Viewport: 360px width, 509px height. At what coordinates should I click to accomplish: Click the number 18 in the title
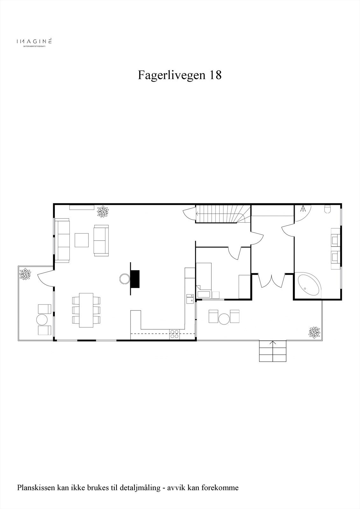pos(215,75)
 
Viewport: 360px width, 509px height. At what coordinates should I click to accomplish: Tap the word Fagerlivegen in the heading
pos(172,75)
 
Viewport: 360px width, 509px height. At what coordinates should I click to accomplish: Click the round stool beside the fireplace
pos(124,279)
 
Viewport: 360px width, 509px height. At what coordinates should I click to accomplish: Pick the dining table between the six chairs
pos(86,310)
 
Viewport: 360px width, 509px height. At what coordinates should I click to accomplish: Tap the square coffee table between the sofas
pos(82,240)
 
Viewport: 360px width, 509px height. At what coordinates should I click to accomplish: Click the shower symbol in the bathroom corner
pos(303,209)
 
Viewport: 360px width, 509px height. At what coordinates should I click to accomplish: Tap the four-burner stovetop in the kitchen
pos(174,334)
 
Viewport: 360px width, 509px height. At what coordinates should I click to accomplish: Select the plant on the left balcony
pos(25,274)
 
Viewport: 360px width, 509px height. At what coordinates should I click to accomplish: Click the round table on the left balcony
pos(42,319)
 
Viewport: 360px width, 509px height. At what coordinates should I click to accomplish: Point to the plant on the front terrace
pos(314,332)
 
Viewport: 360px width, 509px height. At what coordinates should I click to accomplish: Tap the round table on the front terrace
pos(224,318)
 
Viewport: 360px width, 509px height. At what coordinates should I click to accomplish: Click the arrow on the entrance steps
pos(273,343)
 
